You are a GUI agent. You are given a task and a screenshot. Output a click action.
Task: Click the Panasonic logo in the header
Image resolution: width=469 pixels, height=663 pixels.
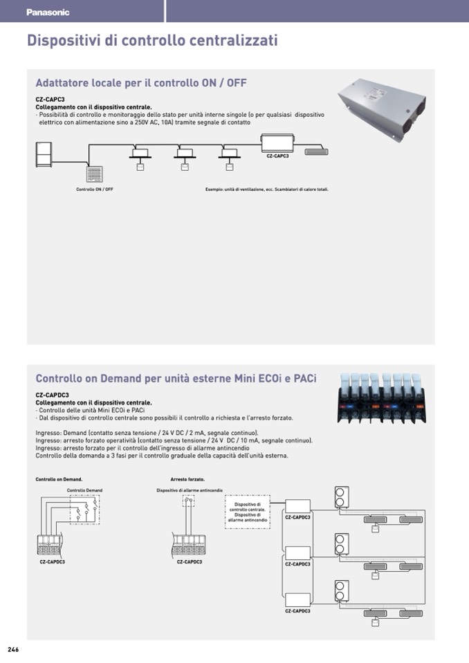[x=48, y=12]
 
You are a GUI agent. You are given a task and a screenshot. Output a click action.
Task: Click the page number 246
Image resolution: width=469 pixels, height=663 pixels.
[x=13, y=650]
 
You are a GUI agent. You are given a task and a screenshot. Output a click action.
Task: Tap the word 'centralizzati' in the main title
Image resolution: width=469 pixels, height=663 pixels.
[x=234, y=40]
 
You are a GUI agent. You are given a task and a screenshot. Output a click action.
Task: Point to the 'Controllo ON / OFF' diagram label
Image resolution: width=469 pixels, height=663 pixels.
[x=95, y=189]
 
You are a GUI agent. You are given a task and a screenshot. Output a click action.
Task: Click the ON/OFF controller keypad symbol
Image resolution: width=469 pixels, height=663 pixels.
[x=95, y=174]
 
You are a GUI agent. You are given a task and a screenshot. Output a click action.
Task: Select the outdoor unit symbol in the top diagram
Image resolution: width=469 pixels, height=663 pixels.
[x=44, y=153]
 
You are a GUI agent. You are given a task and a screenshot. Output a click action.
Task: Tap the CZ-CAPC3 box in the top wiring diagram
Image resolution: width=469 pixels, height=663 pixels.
[x=277, y=144]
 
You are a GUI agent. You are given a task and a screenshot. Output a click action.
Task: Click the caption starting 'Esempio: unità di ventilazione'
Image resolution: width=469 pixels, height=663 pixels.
[x=267, y=189]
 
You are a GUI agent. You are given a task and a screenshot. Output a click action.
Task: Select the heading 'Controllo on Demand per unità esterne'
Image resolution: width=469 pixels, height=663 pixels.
[x=176, y=378]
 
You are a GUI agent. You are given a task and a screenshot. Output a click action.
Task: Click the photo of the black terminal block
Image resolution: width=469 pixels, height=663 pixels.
[x=382, y=398]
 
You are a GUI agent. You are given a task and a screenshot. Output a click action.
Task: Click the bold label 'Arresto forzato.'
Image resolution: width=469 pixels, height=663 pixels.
[x=187, y=478]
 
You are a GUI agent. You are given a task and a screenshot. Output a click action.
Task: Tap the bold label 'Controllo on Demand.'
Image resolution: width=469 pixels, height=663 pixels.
[x=59, y=478]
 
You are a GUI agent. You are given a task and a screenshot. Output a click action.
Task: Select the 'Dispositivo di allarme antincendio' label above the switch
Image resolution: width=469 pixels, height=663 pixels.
[x=190, y=490]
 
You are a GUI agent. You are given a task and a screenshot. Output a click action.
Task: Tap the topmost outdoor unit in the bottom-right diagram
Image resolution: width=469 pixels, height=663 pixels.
[x=340, y=498]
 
